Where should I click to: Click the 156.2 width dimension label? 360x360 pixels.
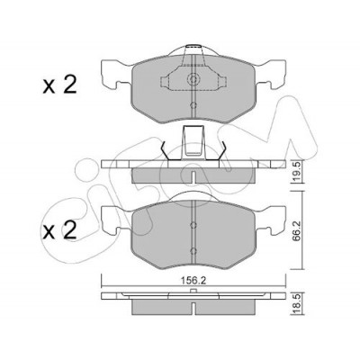(193, 281)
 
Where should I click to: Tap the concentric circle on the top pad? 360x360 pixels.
(193, 79)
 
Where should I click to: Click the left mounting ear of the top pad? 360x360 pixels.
(116, 75)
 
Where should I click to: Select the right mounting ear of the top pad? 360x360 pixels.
(271, 75)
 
